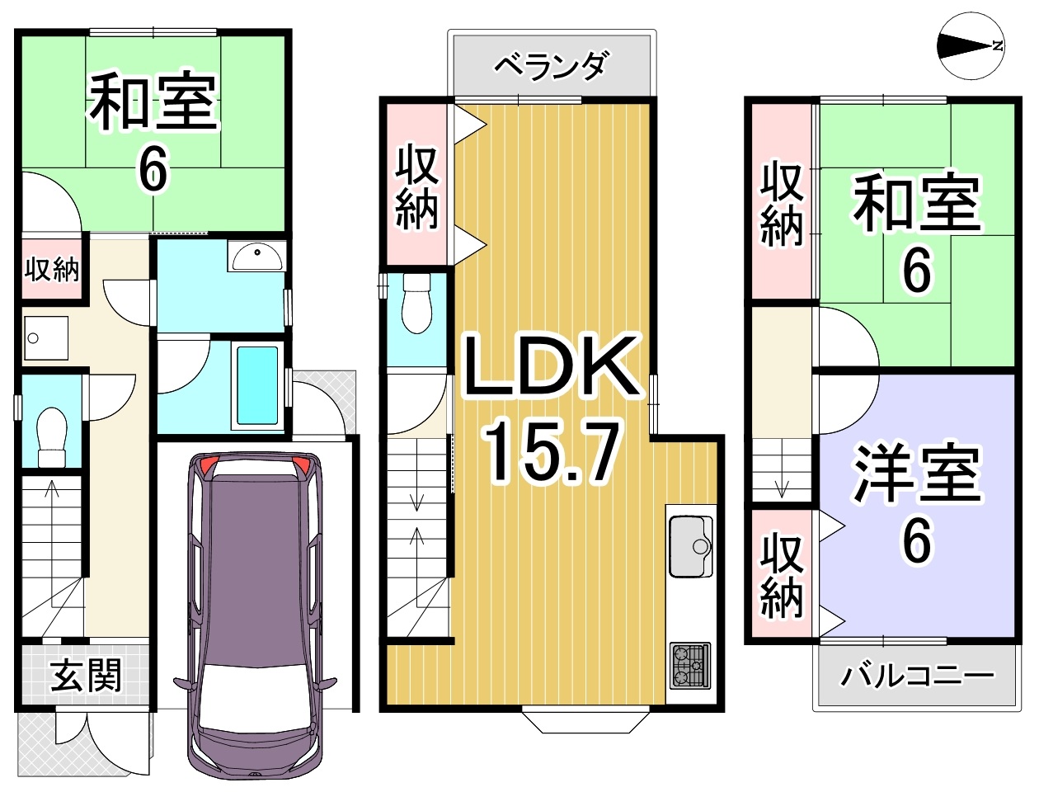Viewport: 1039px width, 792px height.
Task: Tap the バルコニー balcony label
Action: click(x=917, y=676)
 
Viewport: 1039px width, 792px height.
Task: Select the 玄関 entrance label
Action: click(x=86, y=676)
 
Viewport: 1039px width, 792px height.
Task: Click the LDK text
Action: click(x=551, y=365)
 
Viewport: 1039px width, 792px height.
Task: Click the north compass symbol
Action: click(x=971, y=46)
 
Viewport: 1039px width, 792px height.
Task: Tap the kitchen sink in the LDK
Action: click(x=691, y=546)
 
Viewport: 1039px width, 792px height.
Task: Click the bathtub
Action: click(x=257, y=385)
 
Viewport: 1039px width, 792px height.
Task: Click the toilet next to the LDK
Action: click(x=416, y=304)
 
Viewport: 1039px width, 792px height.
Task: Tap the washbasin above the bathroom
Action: click(x=256, y=256)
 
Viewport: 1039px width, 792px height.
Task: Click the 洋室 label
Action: click(x=917, y=474)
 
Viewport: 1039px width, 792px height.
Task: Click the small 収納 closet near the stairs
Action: click(x=52, y=270)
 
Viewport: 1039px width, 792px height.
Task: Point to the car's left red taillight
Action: click(x=207, y=465)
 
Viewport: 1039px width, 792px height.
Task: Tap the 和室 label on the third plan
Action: click(x=917, y=204)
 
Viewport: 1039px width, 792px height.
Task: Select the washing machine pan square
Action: click(x=46, y=338)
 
